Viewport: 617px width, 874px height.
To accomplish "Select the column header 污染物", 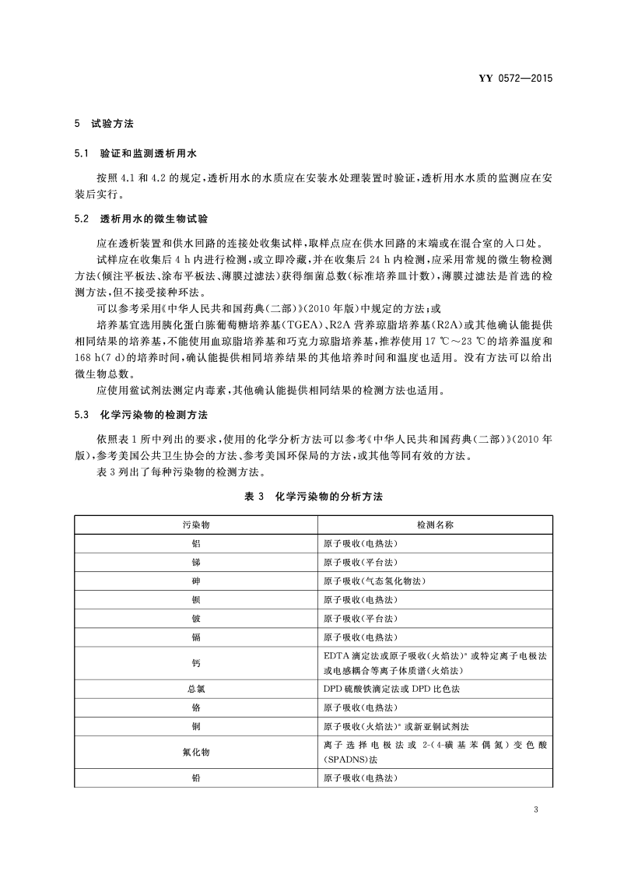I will coord(195,525).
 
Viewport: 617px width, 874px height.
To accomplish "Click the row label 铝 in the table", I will coord(195,544).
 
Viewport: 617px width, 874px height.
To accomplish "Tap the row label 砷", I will coord(195,581).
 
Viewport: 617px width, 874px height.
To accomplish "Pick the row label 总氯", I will coord(195,689).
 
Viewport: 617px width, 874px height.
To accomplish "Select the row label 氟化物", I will coord(195,753).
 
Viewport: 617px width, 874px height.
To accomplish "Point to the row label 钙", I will coord(195,662).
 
